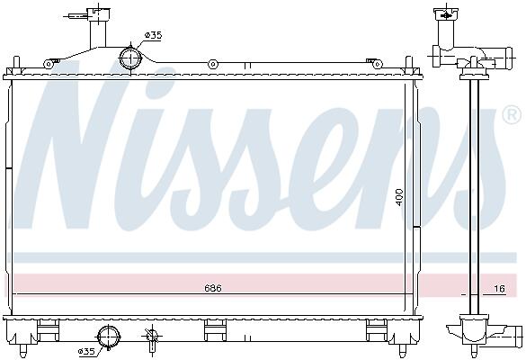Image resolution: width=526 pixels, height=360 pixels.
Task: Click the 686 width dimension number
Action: [213, 288]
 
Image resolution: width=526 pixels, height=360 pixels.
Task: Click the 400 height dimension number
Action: [399, 197]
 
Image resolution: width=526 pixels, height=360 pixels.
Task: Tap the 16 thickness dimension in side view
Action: [500, 289]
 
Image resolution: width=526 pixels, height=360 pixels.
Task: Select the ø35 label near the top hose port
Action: [154, 35]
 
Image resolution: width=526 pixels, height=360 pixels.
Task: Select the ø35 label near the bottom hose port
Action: [86, 351]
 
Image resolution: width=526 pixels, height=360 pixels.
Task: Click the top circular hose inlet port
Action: [130, 58]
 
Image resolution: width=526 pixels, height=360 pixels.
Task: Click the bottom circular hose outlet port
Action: [109, 337]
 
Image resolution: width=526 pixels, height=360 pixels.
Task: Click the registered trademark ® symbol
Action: [513, 115]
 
